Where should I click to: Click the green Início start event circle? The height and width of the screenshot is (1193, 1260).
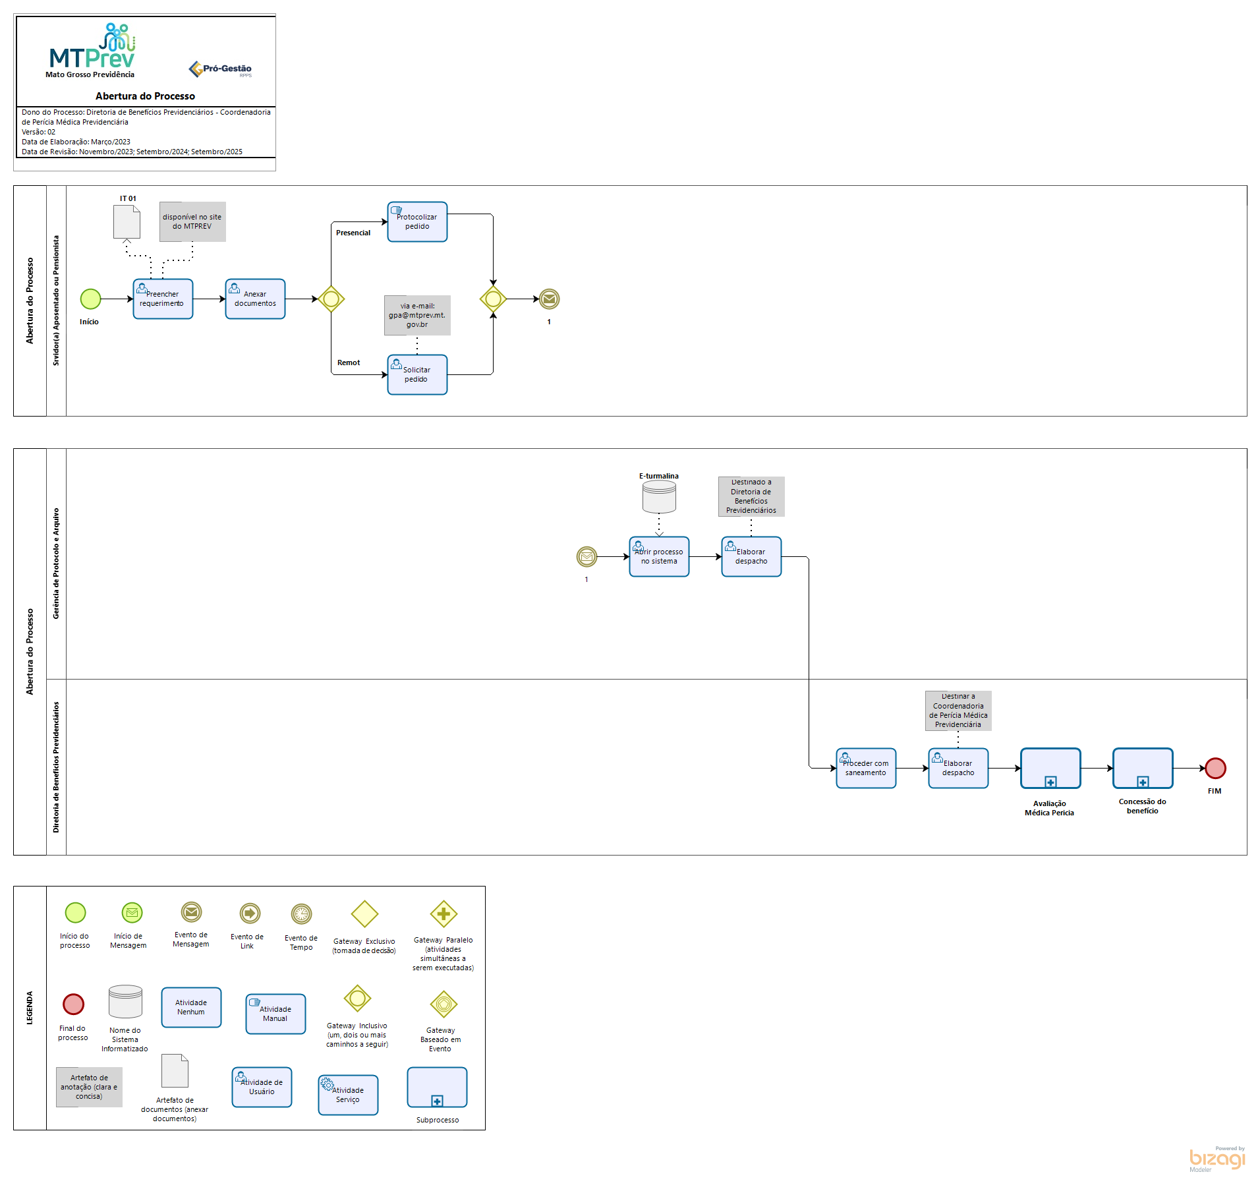click(x=90, y=299)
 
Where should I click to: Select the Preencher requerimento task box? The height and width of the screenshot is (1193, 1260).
click(x=163, y=299)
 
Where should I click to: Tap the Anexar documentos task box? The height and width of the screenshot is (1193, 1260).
click(x=255, y=299)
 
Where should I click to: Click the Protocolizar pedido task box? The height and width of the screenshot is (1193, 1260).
click(x=417, y=222)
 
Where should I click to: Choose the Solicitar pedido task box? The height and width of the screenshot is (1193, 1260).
click(x=417, y=375)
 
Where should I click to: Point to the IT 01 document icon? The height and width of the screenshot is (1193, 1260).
click(x=127, y=222)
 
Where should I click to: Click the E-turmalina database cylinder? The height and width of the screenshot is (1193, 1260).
click(x=659, y=496)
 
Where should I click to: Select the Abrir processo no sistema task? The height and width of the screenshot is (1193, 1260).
click(x=659, y=557)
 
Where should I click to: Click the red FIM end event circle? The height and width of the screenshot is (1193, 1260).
click(x=1215, y=769)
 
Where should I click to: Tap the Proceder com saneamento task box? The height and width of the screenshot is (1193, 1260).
click(x=866, y=769)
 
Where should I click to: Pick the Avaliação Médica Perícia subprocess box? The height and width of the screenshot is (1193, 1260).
click(x=1050, y=769)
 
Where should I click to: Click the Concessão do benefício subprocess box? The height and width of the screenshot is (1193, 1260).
click(x=1143, y=769)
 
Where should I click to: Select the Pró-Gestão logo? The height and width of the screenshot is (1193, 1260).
click(x=220, y=69)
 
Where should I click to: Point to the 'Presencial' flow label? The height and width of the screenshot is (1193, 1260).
click(x=353, y=233)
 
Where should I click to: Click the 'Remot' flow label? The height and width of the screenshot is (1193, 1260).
click(x=349, y=363)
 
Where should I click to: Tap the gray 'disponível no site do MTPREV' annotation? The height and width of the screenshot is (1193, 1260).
click(x=192, y=222)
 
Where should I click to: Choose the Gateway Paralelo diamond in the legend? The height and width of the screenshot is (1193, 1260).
click(x=444, y=914)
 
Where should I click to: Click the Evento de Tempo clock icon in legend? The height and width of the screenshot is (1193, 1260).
click(x=301, y=914)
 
